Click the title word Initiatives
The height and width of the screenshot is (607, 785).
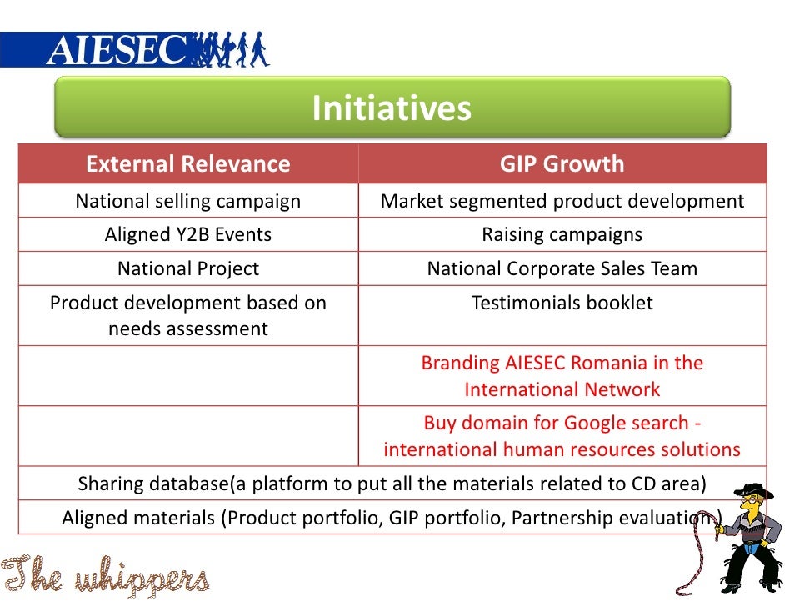pos(392,108)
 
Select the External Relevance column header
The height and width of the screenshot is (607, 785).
pos(188,163)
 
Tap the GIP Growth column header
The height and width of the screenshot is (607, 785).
pos(562,163)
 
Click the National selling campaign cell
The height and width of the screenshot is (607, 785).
pos(188,201)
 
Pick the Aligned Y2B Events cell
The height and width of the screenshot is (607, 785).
pos(188,234)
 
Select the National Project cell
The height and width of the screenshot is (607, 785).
pos(188,268)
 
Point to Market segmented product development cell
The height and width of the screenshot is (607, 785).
pos(562,201)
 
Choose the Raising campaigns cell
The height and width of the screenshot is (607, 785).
pos(562,234)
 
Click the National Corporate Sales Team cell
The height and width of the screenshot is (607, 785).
pos(562,268)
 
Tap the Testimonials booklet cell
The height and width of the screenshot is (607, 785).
pos(562,303)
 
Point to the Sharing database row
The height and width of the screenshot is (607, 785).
pos(392,484)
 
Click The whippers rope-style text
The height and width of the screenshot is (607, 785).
pos(105,575)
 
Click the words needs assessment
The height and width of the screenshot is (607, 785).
pos(188,329)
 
